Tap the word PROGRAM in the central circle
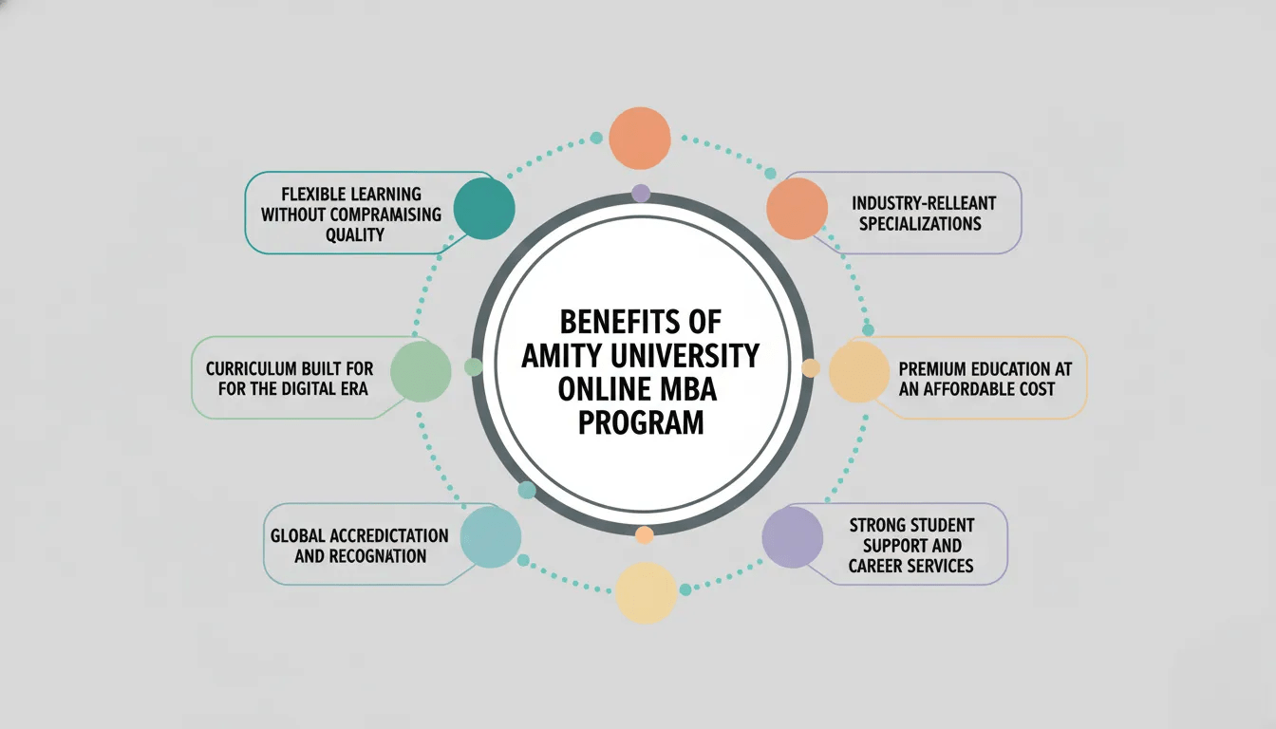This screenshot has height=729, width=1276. (641, 421)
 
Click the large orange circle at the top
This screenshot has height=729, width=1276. (640, 139)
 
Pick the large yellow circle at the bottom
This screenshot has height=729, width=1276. (647, 592)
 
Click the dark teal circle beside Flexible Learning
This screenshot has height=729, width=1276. (484, 209)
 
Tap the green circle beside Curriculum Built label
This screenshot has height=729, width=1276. (421, 371)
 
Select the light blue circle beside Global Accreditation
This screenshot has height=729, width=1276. (491, 537)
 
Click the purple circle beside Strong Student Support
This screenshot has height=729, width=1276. (793, 537)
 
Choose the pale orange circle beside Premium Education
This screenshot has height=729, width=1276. (859, 371)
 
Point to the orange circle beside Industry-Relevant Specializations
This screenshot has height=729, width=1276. (797, 209)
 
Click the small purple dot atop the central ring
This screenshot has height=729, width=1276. (641, 194)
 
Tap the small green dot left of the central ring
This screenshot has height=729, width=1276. (473, 366)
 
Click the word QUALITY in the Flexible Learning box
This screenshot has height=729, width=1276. (354, 234)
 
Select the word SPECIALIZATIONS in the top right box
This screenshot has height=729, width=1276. (917, 224)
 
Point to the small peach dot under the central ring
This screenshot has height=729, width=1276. (645, 535)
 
